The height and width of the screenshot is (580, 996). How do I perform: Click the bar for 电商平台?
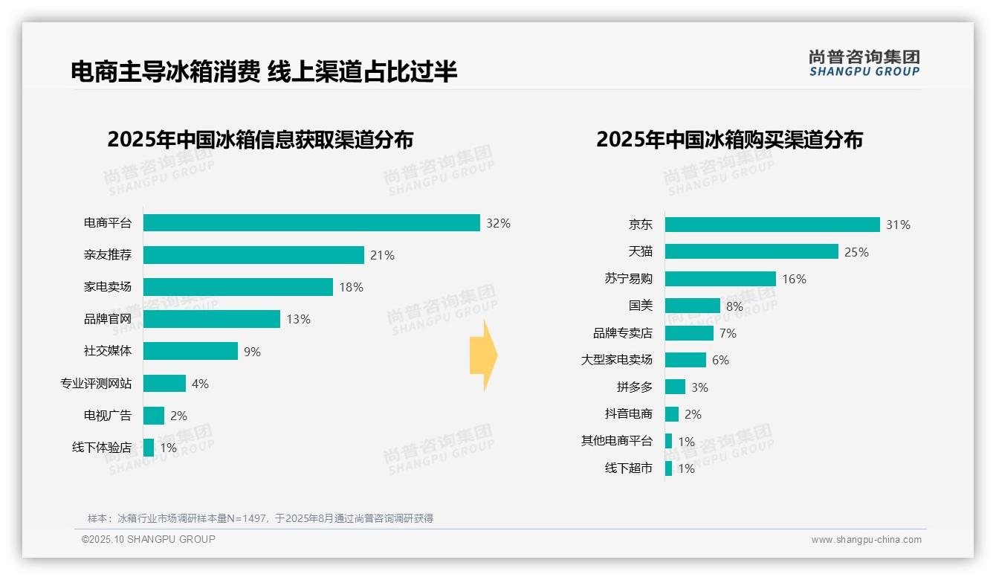311,223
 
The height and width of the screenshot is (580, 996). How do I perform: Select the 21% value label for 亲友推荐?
382,255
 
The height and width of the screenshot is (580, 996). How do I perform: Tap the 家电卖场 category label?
108,287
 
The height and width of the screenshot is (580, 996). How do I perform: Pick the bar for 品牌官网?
212,319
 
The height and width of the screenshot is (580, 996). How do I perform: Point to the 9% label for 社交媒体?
252,352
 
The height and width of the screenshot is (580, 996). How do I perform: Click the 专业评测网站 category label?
96,384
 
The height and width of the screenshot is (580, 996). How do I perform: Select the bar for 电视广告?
154,416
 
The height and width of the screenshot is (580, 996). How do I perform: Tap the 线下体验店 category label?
102,448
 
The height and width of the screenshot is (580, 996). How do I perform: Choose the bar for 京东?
772,225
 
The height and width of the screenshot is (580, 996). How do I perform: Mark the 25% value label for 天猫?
856,252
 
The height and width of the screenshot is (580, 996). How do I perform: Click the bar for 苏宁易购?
720,279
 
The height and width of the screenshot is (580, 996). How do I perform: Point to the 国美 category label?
640,306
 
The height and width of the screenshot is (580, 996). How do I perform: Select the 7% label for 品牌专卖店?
728,333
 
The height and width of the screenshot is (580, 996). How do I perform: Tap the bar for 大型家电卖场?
685,360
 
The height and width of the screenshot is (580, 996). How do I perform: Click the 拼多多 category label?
634,387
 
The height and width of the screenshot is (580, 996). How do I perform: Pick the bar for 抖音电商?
672,414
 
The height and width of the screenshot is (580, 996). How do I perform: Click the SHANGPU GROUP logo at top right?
864,63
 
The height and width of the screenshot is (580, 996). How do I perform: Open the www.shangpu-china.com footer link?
866,540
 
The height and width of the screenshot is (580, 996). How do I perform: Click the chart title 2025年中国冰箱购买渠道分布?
729,140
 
